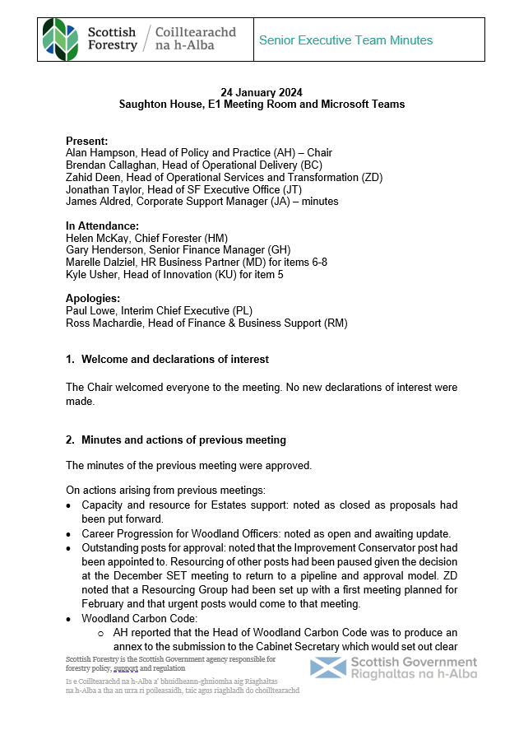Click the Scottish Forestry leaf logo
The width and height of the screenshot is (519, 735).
(62, 39)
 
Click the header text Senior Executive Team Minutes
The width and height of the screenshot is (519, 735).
(345, 40)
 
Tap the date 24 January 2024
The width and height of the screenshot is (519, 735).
(262, 92)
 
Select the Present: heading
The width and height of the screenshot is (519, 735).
(86, 141)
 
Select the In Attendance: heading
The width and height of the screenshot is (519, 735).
(102, 226)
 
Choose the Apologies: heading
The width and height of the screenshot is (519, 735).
(93, 299)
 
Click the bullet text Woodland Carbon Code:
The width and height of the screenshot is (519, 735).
(139, 619)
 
